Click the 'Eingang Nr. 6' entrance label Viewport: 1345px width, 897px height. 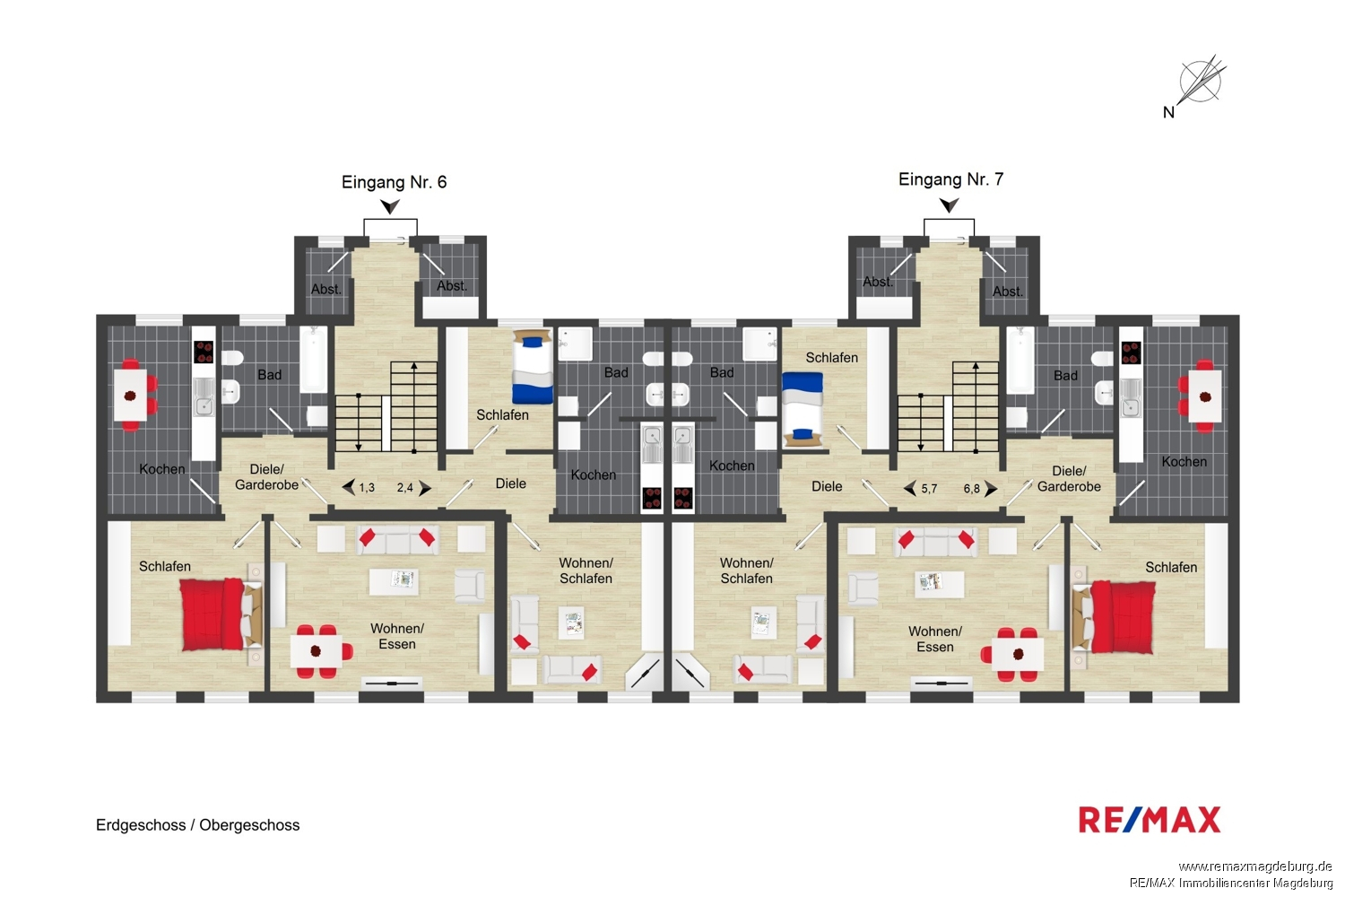(x=394, y=182)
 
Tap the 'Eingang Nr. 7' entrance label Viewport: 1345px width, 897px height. (x=950, y=179)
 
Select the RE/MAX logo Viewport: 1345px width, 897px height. (x=1150, y=820)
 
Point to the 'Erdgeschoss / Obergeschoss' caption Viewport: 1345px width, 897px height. (x=197, y=825)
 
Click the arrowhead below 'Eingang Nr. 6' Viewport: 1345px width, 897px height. (x=390, y=206)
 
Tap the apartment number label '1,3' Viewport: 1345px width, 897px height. (x=367, y=488)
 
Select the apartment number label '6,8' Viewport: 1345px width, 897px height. (x=971, y=489)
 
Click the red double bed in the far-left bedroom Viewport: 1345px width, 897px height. (x=221, y=614)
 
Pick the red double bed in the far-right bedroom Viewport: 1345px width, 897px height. (x=1115, y=616)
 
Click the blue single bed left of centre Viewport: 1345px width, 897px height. (x=532, y=367)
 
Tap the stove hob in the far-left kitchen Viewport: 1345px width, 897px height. (x=204, y=352)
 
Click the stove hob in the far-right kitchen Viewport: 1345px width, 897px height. (x=1132, y=353)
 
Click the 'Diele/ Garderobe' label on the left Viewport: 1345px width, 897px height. (x=266, y=477)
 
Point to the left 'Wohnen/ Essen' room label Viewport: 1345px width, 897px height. (x=397, y=636)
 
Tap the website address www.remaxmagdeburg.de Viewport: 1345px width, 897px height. (x=1255, y=867)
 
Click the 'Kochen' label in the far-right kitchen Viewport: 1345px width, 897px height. (x=1184, y=462)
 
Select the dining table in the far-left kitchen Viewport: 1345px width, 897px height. (x=130, y=395)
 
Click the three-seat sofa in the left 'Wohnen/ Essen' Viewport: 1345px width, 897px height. (x=397, y=540)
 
